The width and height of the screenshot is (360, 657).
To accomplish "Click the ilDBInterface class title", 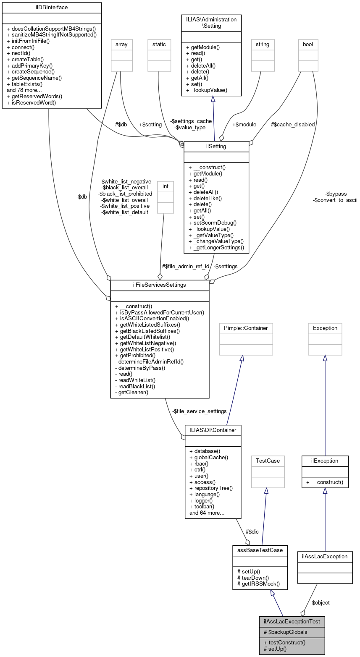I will [x=52, y=8].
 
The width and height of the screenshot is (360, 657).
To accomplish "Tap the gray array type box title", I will [x=121, y=44].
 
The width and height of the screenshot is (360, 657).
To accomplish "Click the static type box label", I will [x=159, y=44].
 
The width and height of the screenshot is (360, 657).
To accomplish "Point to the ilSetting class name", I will [x=216, y=146].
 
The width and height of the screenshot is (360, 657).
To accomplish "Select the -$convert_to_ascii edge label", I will [x=335, y=200].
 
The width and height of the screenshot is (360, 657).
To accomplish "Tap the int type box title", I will [x=165, y=186].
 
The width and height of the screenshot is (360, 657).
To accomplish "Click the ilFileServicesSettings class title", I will [x=160, y=285].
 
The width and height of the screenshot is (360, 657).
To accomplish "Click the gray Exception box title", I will [x=325, y=328].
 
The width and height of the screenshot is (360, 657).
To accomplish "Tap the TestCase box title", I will [x=268, y=461].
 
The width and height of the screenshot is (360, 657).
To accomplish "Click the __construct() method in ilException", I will [x=325, y=482].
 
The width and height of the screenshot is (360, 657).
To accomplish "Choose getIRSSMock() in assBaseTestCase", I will [x=258, y=584].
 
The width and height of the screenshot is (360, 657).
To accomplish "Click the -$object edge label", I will [x=320, y=602].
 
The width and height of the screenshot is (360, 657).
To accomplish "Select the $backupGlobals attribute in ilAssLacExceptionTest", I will [x=285, y=632].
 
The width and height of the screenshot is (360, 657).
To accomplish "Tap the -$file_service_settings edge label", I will [x=200, y=411].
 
